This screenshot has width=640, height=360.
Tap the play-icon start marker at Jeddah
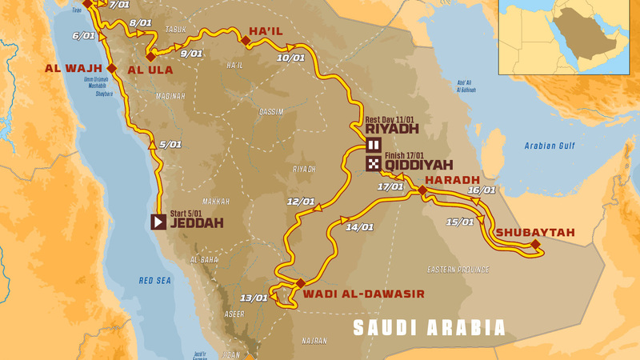pos(159,221)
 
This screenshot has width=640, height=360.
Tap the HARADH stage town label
pos(452,179)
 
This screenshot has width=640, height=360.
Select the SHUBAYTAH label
pos(535,232)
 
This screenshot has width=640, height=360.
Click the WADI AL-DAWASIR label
pos(363,294)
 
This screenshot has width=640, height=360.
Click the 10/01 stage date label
pos(290,58)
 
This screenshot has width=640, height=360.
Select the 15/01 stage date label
pos(461,222)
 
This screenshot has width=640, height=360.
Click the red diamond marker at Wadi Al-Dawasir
pos(300,283)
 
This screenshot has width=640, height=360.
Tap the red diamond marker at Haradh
pos(422,190)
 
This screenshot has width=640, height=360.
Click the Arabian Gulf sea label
pos(551,146)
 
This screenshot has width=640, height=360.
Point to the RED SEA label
pos(155,281)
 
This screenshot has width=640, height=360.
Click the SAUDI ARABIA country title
pos(430,327)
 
